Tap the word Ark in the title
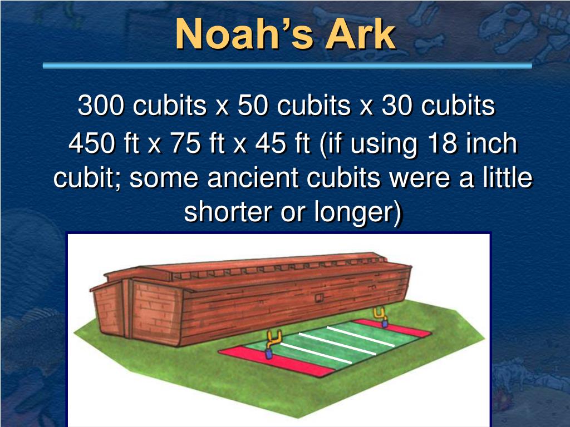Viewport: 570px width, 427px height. pyautogui.click(x=360, y=34)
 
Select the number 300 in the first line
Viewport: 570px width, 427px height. pyautogui.click(x=100, y=106)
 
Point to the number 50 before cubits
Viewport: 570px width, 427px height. pyautogui.click(x=252, y=106)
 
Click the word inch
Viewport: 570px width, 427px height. pyautogui.click(x=492, y=145)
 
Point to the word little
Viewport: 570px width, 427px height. pyautogui.click(x=503, y=178)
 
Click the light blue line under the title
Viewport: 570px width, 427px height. pyautogui.click(x=287, y=66)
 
